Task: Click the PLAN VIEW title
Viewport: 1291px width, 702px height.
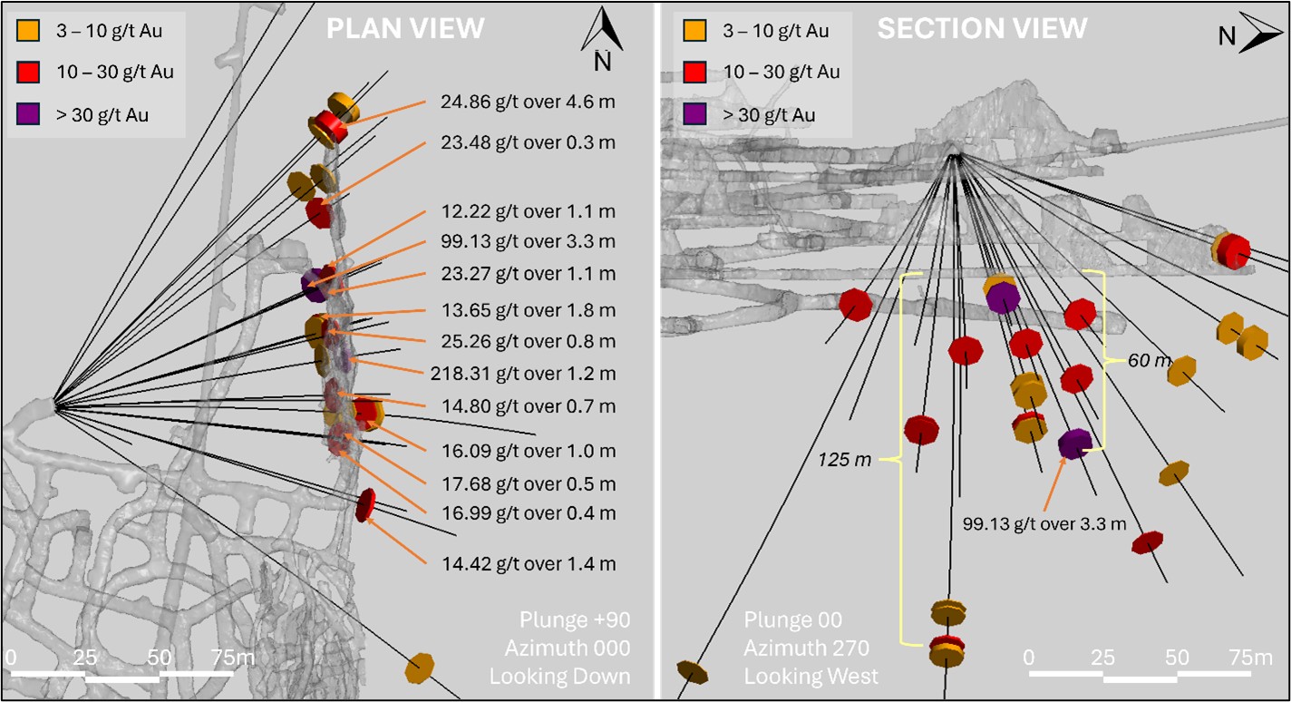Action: (x=405, y=28)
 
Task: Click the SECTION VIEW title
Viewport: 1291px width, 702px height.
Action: (x=982, y=28)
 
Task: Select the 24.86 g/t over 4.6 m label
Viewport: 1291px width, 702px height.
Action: (x=528, y=102)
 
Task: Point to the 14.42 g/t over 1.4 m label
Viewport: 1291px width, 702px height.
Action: (x=528, y=564)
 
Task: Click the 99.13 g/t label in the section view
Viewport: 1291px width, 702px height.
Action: (x=1044, y=523)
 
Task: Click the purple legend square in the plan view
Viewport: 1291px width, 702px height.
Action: (x=28, y=114)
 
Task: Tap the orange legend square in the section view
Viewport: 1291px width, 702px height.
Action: (x=695, y=31)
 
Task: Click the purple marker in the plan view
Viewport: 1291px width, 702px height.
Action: (x=315, y=284)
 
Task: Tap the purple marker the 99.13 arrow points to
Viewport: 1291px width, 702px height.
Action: (x=1075, y=444)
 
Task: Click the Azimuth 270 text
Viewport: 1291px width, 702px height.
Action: (x=806, y=648)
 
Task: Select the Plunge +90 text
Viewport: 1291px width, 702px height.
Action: (x=574, y=620)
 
